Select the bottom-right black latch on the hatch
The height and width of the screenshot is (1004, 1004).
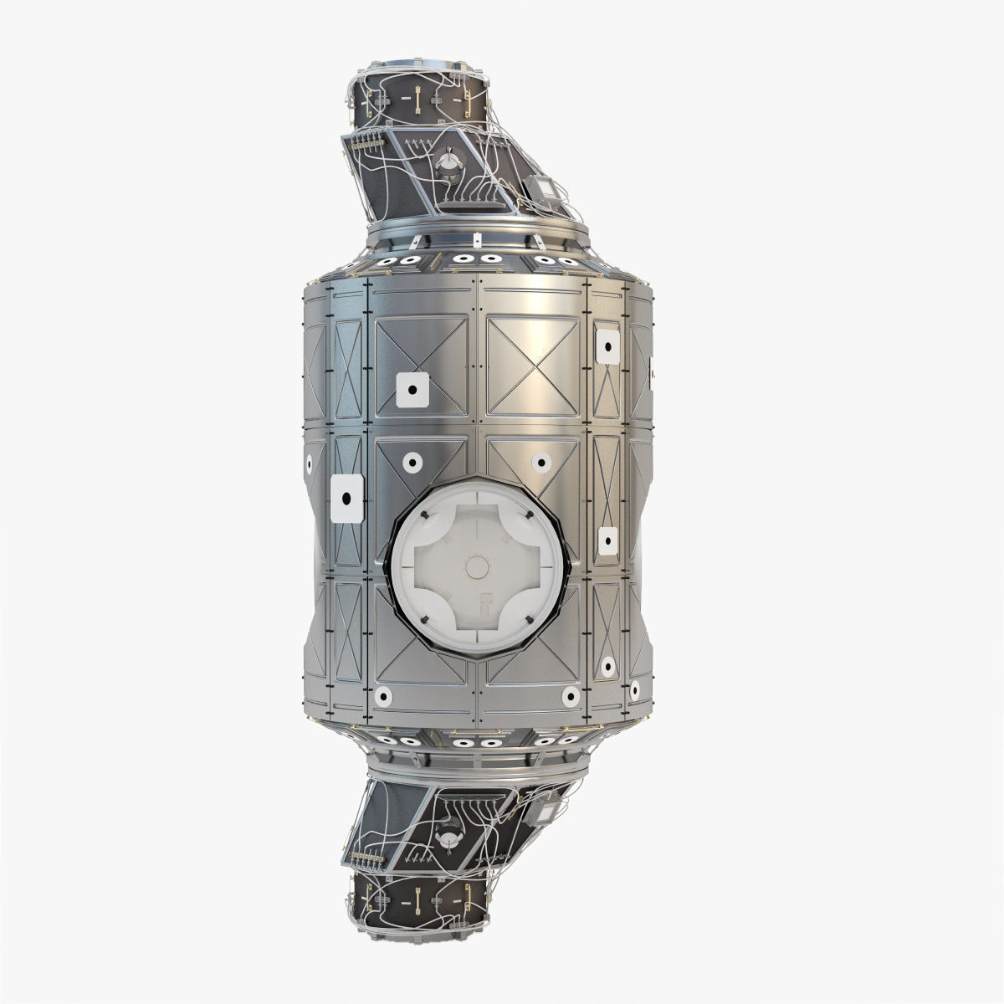click(530, 620)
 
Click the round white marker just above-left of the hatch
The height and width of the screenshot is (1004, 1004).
click(411, 462)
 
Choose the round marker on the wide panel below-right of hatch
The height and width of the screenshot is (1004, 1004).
click(570, 696)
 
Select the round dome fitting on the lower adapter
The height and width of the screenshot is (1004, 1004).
click(450, 839)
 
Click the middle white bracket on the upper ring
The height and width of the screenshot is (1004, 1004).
click(474, 243)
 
